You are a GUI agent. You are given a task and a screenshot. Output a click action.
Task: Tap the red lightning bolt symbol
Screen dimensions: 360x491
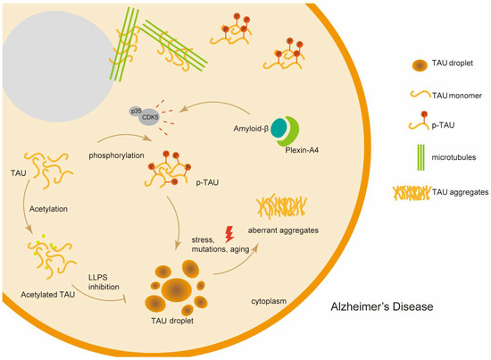(231, 233)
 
